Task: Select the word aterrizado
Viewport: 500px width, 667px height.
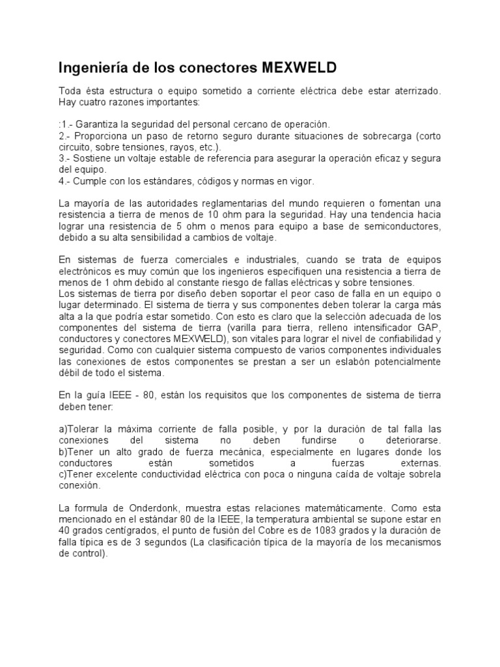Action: click(415, 92)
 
